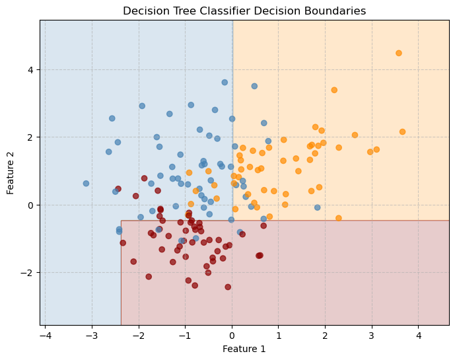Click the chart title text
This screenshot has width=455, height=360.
pyautogui.click(x=244, y=11)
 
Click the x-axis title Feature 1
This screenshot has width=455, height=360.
pyautogui.click(x=244, y=349)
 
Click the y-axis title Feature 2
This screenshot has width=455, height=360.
pyautogui.click(x=11, y=172)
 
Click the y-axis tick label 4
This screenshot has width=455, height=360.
pyautogui.click(x=30, y=70)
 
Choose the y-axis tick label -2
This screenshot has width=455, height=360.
pyautogui.click(x=28, y=273)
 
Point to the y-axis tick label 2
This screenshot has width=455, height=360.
pyautogui.click(x=30, y=137)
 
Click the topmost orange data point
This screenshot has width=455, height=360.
pyautogui.click(x=399, y=53)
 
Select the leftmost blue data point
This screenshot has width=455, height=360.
pyautogui.click(x=86, y=184)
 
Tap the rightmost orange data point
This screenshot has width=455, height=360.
pyautogui.click(x=402, y=132)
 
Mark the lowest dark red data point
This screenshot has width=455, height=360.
pyautogui.click(x=228, y=287)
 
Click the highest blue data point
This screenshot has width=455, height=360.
pyautogui.click(x=225, y=83)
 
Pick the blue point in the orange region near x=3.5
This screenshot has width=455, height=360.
pyautogui.click(x=254, y=86)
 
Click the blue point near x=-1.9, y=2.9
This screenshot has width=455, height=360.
pyautogui.click(x=142, y=106)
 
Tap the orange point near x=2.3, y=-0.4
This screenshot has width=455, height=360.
pyautogui.click(x=339, y=218)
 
